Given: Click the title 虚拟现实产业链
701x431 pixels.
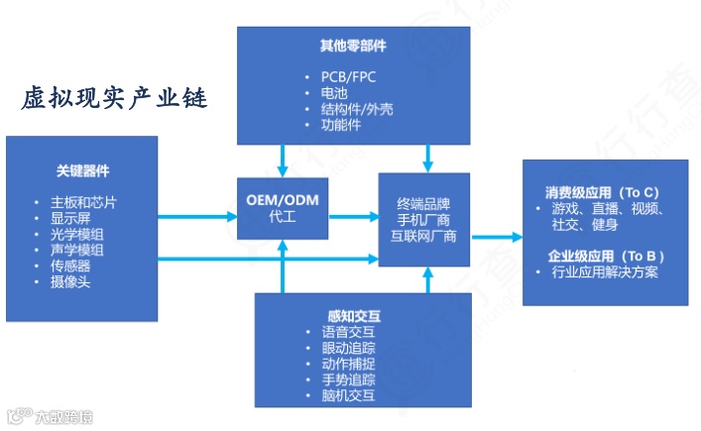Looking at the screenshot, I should pyautogui.click(x=114, y=99).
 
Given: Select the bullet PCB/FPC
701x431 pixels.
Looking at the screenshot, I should pyautogui.click(x=351, y=76).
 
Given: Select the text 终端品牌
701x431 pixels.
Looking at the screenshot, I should pyautogui.click(x=423, y=202).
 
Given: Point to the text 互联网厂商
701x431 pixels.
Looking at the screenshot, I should pyautogui.click(x=423, y=235).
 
